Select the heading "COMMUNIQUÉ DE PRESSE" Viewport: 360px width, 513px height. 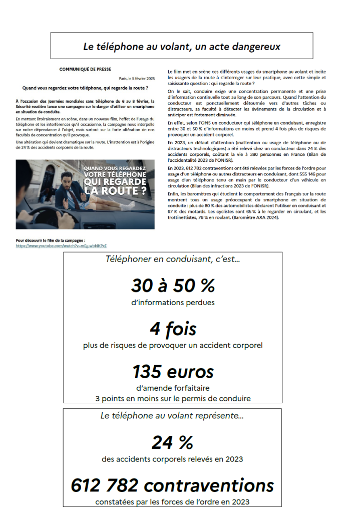coord(85,69)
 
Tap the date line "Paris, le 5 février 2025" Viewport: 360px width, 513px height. coord(137,79)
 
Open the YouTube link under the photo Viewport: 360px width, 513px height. coord(62,246)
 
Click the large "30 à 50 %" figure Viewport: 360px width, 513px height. coord(173,286)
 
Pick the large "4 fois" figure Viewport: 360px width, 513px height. coord(173,329)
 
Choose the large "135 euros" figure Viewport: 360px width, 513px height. coord(173,372)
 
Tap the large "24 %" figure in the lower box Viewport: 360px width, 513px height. coord(172,442)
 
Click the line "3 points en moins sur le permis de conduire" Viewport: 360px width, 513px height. coord(173,399)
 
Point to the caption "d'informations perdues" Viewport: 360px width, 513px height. coord(173,302)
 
